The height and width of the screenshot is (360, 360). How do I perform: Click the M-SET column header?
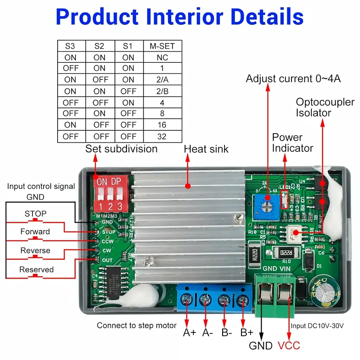(x=162, y=46)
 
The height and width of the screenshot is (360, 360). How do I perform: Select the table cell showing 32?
(x=162, y=136)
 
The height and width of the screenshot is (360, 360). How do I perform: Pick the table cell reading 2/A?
(x=162, y=80)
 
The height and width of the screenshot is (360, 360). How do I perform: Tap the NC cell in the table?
(x=162, y=57)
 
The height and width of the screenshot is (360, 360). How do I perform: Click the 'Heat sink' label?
(x=206, y=149)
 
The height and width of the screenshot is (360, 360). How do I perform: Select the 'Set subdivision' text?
(x=121, y=149)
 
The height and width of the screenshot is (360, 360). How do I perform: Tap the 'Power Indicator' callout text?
(x=292, y=142)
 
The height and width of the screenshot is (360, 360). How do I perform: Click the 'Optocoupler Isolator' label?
(x=324, y=107)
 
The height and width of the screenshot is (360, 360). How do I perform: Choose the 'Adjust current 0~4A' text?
(x=293, y=79)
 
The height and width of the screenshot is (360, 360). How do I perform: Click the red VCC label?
(x=289, y=346)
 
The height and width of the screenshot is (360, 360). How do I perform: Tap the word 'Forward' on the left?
(x=35, y=232)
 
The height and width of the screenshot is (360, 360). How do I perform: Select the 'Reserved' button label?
(x=36, y=270)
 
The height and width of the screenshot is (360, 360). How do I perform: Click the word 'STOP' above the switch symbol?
(x=36, y=214)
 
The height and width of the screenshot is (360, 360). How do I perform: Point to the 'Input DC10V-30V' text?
(x=317, y=325)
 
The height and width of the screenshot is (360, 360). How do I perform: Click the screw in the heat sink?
(x=149, y=262)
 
